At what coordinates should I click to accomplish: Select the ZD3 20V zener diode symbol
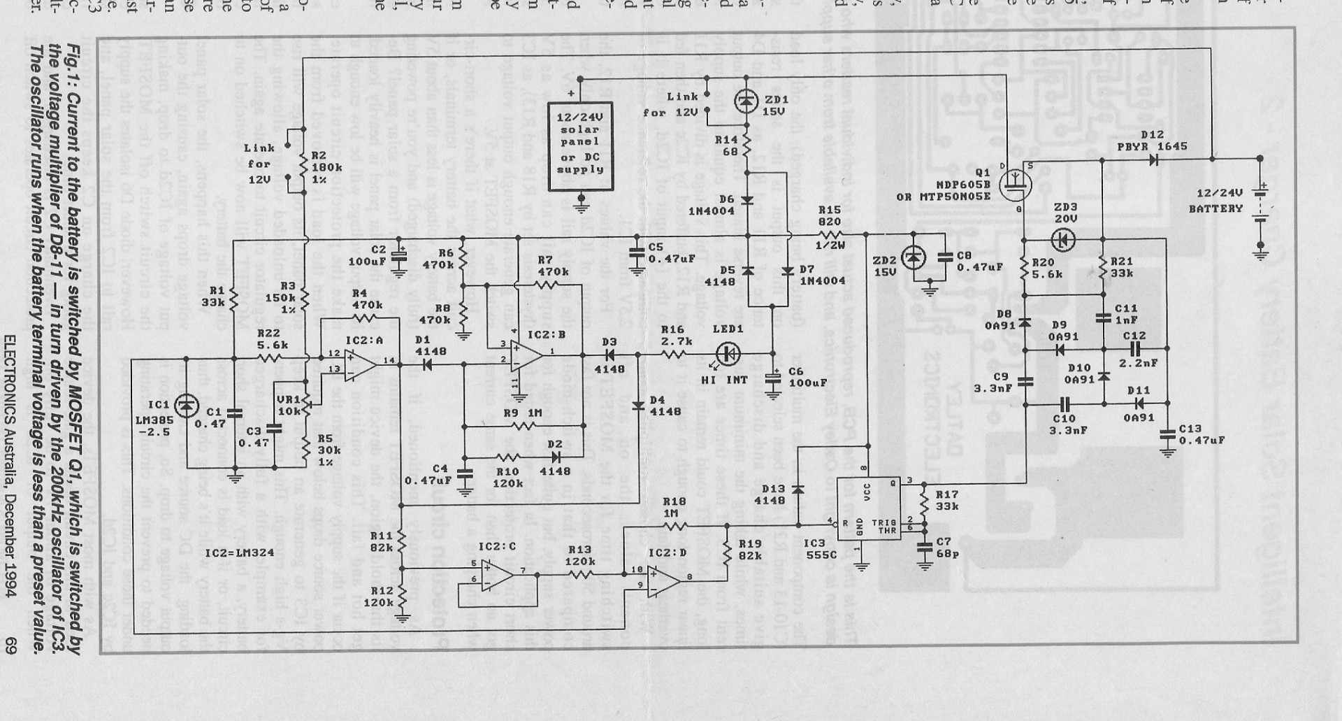pos(1063,240)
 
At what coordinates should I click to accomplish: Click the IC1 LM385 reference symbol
pos(186,406)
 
